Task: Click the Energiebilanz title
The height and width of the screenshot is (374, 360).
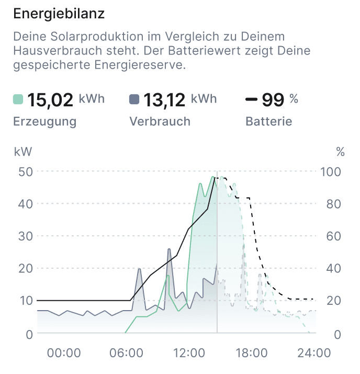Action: point(59,14)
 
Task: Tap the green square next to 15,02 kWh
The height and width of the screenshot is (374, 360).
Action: point(18,99)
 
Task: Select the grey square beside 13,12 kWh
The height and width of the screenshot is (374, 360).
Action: point(134,99)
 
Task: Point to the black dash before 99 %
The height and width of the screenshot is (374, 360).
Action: point(251,99)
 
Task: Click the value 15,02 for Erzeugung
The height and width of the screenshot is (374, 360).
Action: point(50,99)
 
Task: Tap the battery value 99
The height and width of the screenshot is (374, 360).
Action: point(273,99)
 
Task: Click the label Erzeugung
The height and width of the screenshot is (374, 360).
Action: point(44,122)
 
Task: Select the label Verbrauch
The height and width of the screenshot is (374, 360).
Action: point(160,122)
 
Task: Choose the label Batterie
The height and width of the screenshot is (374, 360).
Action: point(268,122)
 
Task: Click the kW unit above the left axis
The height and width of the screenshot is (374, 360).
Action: point(22,152)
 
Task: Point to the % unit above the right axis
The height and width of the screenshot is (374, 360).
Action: point(341,152)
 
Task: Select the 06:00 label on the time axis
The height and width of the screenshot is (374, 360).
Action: point(126,353)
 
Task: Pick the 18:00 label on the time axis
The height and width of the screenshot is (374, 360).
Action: point(252,353)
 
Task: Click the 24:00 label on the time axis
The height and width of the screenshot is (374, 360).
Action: point(314,353)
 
